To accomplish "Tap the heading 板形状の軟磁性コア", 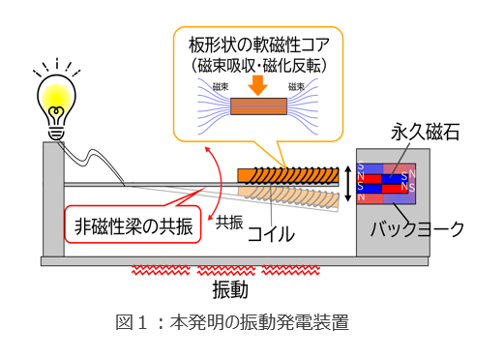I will [x=259, y=44].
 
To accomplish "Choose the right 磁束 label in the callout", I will [x=297, y=87].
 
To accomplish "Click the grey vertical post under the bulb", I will [x=52, y=198].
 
